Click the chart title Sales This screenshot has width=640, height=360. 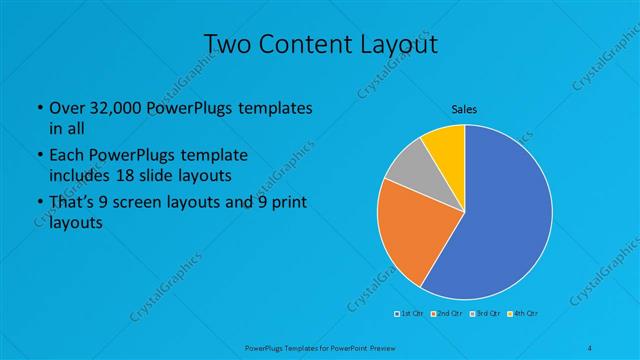pos(464,109)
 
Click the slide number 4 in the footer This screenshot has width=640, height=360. pos(590,347)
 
